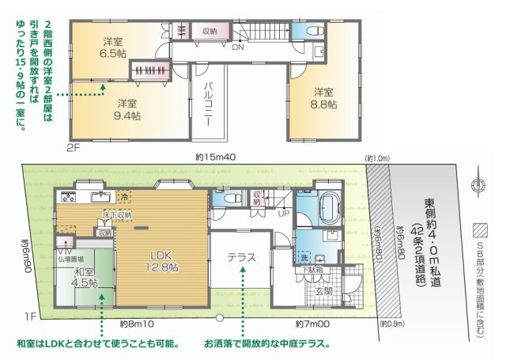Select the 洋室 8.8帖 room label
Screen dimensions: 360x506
(x=324, y=97)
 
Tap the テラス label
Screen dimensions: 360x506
(x=241, y=257)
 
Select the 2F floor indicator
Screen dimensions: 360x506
(x=74, y=147)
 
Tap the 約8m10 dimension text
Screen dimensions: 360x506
(x=136, y=324)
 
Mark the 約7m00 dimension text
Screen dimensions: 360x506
(x=312, y=324)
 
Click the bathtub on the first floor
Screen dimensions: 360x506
(x=326, y=207)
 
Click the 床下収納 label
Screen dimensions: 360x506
(x=117, y=214)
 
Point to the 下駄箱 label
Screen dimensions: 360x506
(x=313, y=270)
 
